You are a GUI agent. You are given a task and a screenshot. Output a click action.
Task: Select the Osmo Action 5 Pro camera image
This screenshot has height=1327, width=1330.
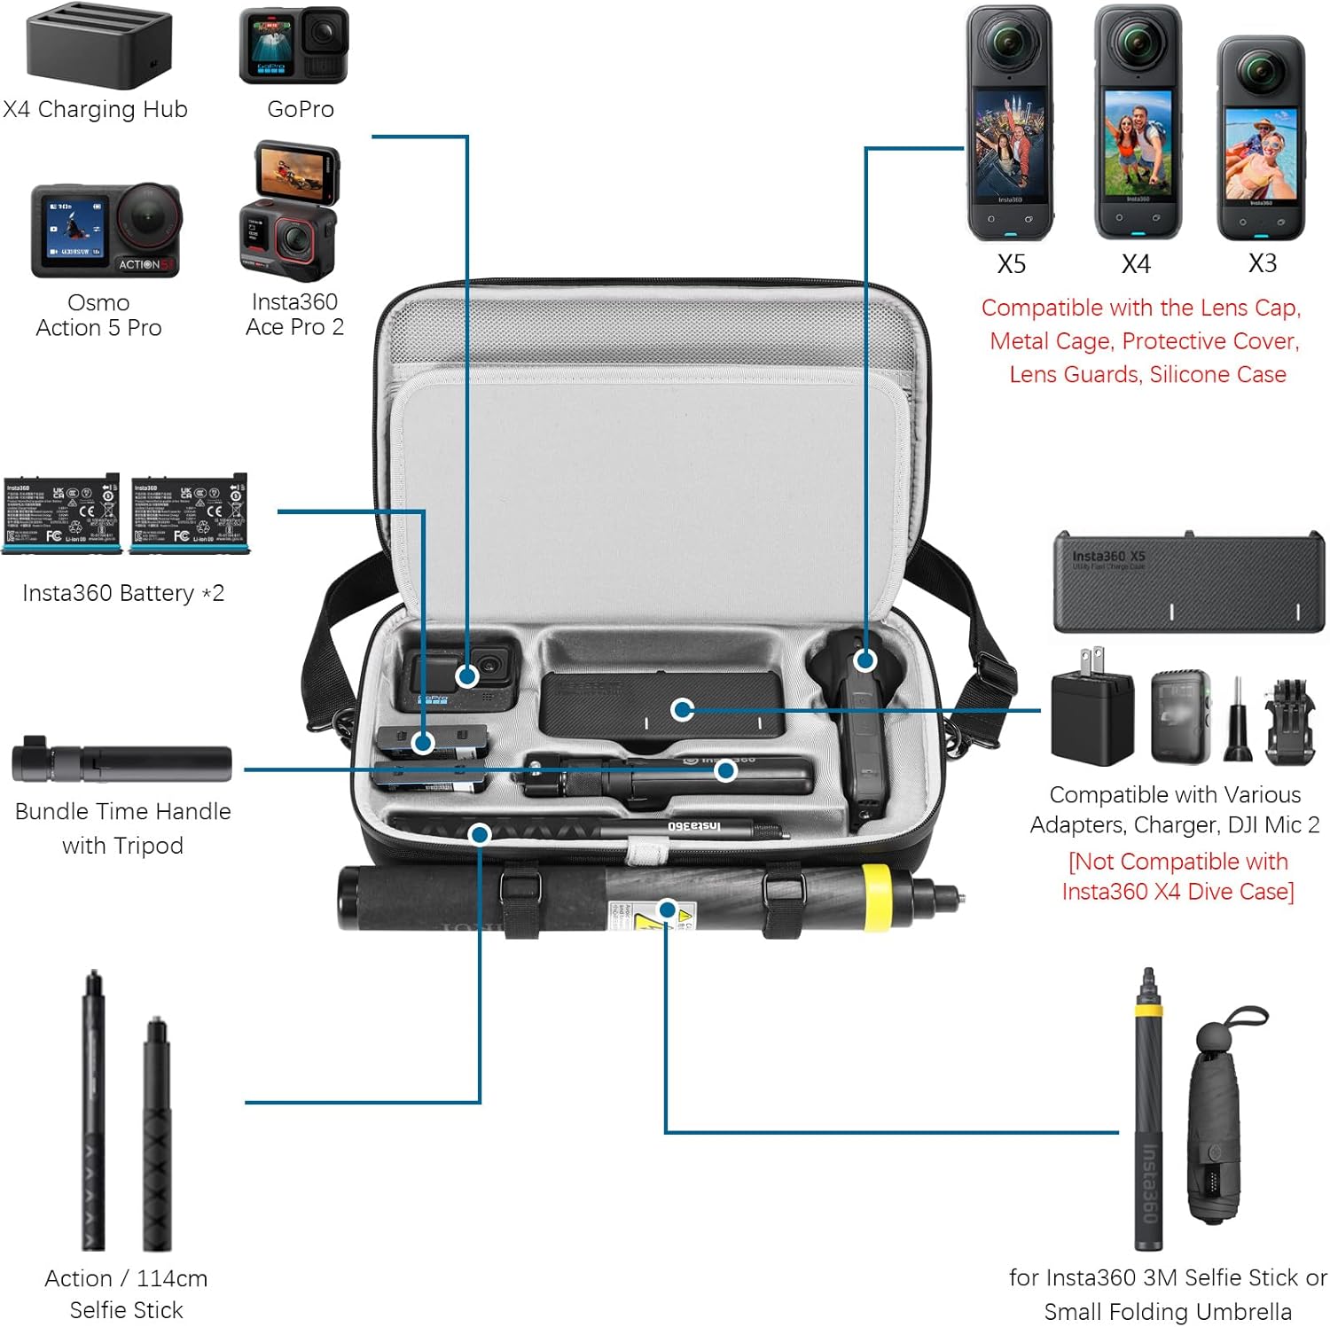[x=106, y=230]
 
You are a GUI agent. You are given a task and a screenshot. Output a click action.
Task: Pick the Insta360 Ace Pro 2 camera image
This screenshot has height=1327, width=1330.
[x=289, y=212]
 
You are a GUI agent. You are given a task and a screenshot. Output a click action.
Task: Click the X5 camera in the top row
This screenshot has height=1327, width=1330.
[x=1009, y=124]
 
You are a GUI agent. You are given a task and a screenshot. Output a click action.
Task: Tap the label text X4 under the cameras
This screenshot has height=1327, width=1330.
[x=1136, y=264]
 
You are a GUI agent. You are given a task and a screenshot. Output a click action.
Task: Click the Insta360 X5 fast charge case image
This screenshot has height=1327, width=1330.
[x=1188, y=582]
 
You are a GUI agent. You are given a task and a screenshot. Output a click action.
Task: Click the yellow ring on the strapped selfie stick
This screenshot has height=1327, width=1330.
[x=876, y=897]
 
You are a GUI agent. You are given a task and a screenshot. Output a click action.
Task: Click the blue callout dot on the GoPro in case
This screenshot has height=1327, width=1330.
[x=467, y=676]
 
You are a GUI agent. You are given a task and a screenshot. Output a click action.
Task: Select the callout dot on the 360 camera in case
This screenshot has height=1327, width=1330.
[x=865, y=660]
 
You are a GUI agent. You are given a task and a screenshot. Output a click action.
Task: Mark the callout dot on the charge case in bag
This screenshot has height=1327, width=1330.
[x=682, y=709]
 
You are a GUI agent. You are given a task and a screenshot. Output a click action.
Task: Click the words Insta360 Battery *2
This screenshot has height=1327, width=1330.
[x=123, y=593]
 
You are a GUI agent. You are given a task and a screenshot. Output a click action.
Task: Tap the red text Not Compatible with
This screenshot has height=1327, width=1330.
[x=1177, y=862]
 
